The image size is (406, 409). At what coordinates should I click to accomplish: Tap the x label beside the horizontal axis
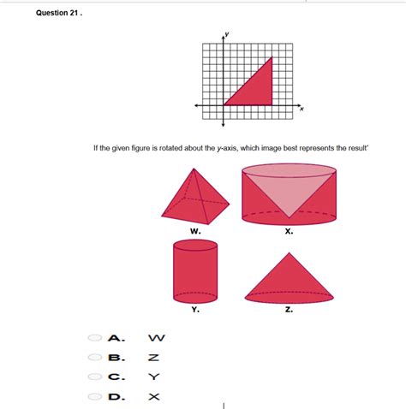[x=302, y=110]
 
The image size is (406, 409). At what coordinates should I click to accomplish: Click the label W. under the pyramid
[x=195, y=231]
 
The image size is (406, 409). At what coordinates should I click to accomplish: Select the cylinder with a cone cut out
[x=289, y=193]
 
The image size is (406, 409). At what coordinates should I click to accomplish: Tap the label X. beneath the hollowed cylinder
[x=289, y=231]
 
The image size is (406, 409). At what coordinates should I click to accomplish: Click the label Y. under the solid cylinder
[x=195, y=310]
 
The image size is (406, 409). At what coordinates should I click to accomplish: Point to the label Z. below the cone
[x=289, y=310]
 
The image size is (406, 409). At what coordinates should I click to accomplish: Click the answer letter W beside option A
[x=154, y=338]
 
